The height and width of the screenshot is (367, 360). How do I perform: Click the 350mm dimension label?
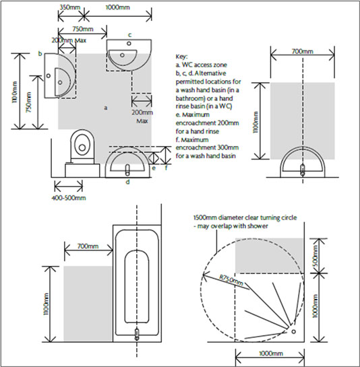[x=70, y=7]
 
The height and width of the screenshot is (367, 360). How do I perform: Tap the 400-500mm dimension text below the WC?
[x=69, y=198]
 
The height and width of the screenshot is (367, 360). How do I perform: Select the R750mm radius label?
[x=231, y=280]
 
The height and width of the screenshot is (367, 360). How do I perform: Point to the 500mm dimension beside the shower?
[x=316, y=256]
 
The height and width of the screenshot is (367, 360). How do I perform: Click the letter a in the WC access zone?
[x=106, y=108]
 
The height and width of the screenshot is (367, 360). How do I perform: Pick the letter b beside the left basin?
[x=40, y=54]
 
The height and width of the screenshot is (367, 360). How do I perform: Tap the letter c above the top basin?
[x=129, y=35]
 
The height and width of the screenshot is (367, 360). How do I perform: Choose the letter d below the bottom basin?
[x=127, y=182]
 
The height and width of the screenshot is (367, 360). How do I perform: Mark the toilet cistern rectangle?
[x=82, y=170]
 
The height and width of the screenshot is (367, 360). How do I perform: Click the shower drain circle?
[x=293, y=331]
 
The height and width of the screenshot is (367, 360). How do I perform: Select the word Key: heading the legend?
[x=181, y=57]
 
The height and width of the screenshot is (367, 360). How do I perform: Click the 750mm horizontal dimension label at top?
[x=83, y=29]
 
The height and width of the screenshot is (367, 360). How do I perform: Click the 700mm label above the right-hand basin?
[x=302, y=51]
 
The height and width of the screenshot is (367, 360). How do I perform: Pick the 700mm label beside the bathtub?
[x=88, y=246]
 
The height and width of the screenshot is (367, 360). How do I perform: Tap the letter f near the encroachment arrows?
[x=166, y=168]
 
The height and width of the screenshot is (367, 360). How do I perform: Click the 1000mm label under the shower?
[x=271, y=354]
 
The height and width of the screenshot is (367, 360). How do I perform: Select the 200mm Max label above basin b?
[x=69, y=40]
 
